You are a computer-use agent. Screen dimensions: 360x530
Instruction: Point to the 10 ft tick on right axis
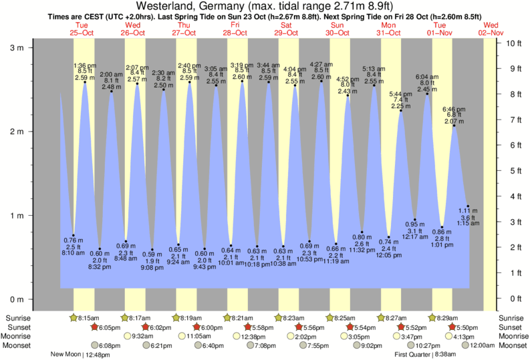(513, 43)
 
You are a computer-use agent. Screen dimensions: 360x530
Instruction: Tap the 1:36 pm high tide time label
(85, 65)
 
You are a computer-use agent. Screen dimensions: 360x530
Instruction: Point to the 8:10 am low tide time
(73, 254)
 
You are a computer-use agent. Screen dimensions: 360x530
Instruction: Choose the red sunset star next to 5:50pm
(452, 327)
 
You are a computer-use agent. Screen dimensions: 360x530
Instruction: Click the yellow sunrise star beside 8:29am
(432, 318)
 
